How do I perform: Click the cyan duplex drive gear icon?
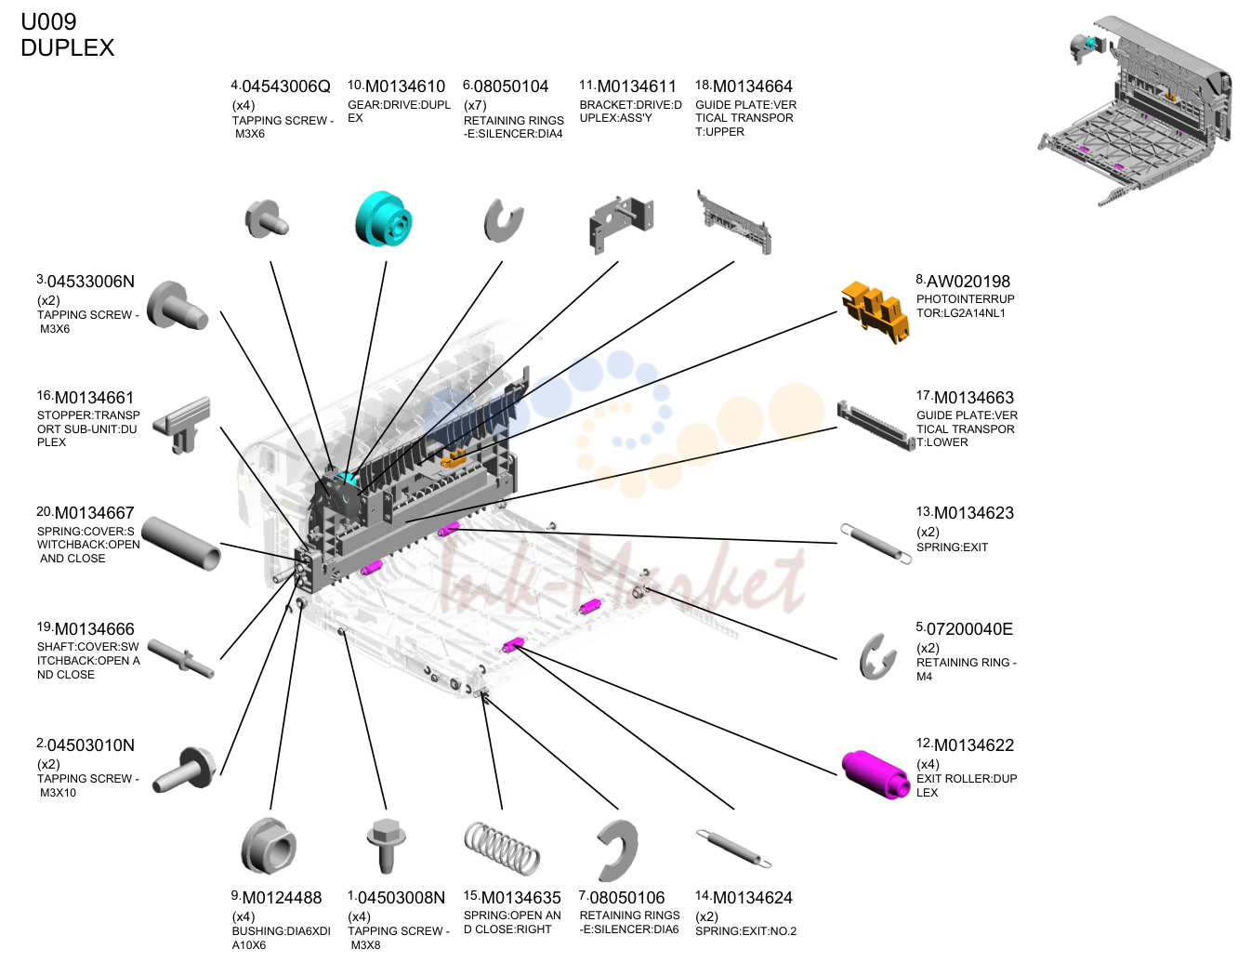(x=384, y=219)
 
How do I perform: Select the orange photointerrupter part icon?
(x=875, y=312)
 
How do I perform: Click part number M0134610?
(x=405, y=87)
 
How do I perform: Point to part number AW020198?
(x=968, y=282)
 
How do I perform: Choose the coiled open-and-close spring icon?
(x=502, y=848)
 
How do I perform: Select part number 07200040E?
(x=969, y=629)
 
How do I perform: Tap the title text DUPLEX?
(x=67, y=47)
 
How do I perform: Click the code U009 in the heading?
(x=48, y=22)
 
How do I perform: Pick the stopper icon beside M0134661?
(x=182, y=425)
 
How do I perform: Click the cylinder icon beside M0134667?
(x=180, y=544)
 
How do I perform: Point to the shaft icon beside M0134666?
(x=180, y=658)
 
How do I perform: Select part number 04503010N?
(x=90, y=745)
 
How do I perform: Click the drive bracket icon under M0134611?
(x=621, y=223)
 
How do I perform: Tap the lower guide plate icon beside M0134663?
(x=876, y=426)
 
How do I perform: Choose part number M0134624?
(x=753, y=898)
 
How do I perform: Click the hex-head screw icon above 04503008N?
(x=387, y=846)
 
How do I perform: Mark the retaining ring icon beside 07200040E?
(x=877, y=657)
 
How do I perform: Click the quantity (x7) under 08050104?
(x=475, y=106)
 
